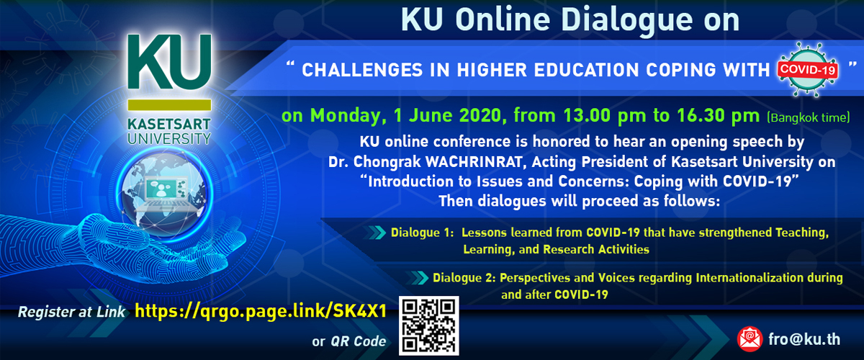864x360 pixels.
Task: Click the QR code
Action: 428,325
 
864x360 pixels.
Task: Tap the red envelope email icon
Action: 750,339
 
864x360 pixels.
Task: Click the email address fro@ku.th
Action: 804,340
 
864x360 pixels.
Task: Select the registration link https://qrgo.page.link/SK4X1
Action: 261,311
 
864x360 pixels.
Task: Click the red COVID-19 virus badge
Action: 807,69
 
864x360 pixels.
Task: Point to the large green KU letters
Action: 169,62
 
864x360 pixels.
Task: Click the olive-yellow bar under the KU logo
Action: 169,105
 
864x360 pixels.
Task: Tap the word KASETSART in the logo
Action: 169,125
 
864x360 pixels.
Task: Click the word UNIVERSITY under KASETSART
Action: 169,138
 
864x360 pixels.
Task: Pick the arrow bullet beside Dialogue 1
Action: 374,233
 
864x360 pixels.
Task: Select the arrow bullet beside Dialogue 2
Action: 417,278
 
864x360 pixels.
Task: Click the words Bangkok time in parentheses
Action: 809,117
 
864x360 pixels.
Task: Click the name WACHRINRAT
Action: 474,162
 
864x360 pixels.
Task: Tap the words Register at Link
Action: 72,312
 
